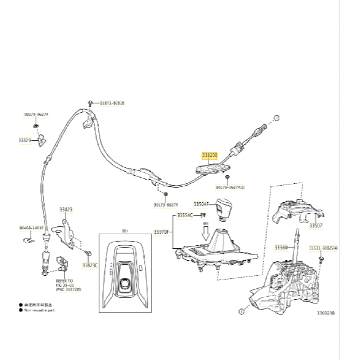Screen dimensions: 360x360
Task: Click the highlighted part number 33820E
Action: pos(210,156)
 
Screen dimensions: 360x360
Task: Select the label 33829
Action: pos(24,141)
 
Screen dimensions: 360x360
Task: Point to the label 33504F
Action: pos(201,204)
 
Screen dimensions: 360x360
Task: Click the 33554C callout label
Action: pos(185,215)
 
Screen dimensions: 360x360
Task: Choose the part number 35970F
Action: pos(161,232)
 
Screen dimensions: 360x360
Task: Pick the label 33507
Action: pos(316,226)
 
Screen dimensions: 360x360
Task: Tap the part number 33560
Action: pos(281,247)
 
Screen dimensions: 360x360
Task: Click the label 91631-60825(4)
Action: pos(324,248)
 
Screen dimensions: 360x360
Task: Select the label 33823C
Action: pos(90,265)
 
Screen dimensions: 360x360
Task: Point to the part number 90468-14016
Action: pos(31,228)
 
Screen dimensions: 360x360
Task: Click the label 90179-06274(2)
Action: pos(230,187)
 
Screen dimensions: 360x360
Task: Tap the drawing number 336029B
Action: pos(326,313)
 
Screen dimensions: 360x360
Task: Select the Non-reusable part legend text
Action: pos(40,310)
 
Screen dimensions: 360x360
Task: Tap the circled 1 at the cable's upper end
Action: pos(277,118)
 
